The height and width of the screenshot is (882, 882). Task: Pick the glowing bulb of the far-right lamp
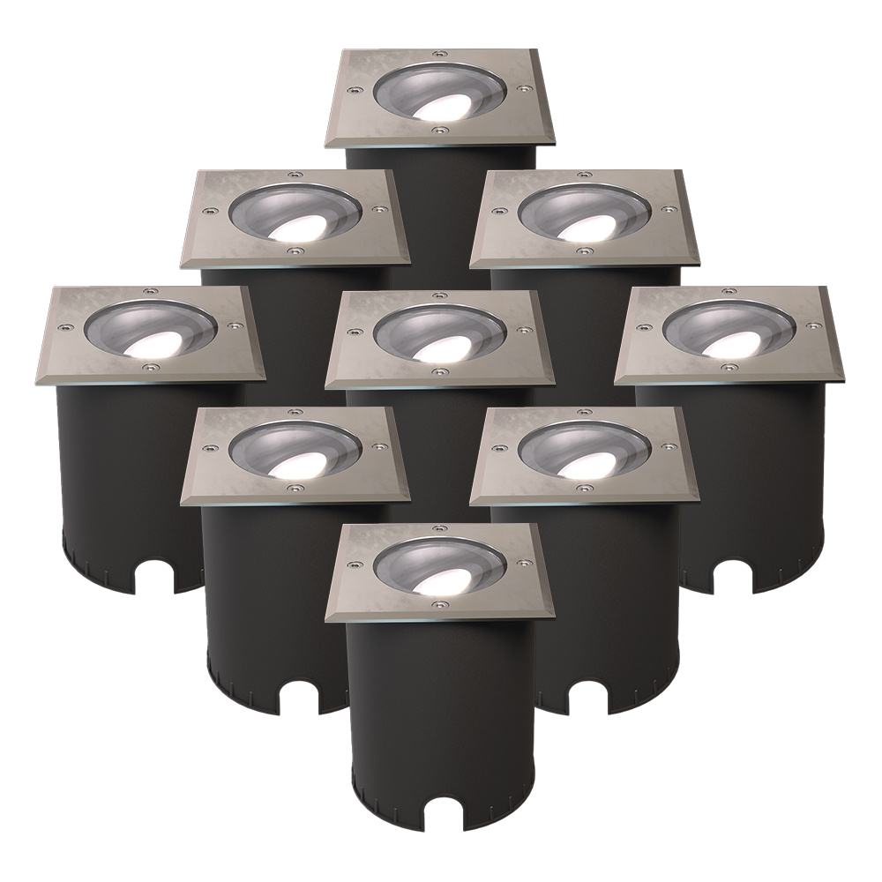pos(723,346)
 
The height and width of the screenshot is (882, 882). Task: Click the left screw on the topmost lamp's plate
pos(354,88)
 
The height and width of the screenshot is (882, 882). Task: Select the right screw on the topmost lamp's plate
pos(524,88)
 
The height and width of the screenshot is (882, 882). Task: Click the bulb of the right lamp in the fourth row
pos(579,464)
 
